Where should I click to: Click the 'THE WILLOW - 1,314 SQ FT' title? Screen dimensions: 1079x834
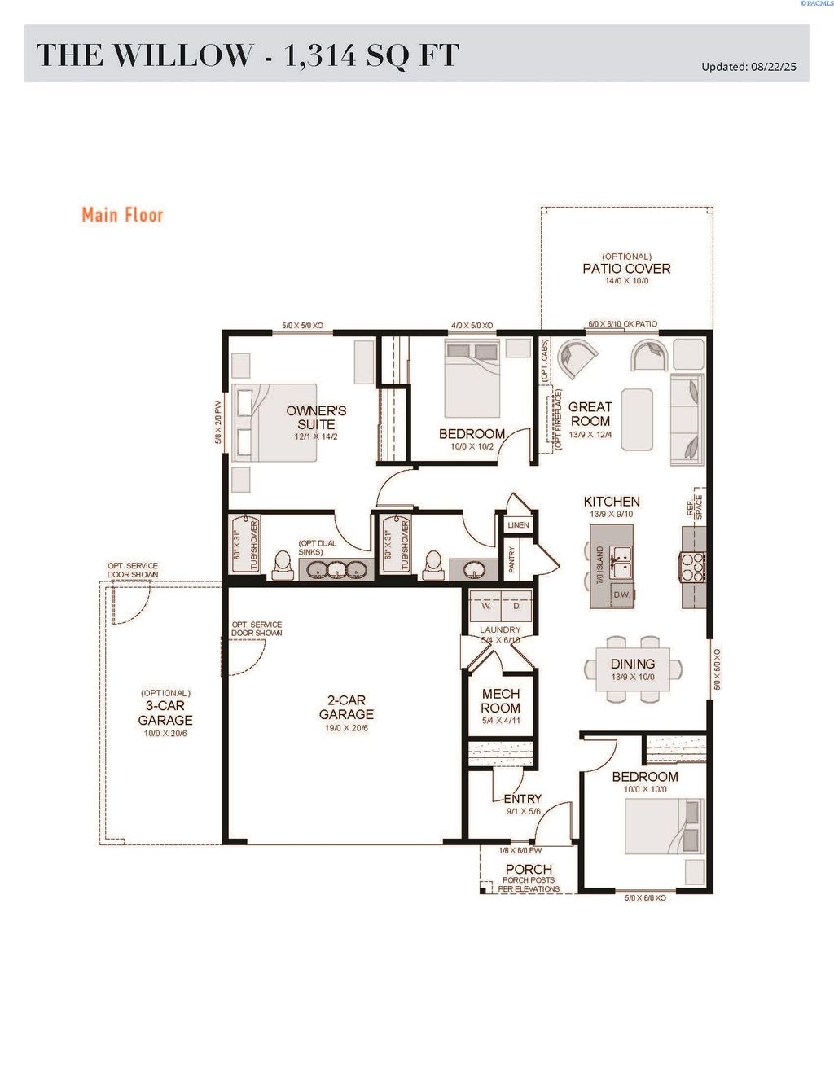248,55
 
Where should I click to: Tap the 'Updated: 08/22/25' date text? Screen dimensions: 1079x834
748,67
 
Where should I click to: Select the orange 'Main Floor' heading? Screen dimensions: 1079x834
122,215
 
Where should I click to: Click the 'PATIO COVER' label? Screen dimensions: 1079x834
626,269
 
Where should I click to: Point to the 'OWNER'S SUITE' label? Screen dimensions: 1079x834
316,418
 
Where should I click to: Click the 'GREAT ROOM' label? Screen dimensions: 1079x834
590,414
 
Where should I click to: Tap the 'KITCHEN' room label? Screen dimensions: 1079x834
612,502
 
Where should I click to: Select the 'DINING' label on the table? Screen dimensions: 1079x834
632,665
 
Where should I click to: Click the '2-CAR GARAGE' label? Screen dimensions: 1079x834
346,707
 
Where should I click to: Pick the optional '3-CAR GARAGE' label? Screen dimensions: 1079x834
165,713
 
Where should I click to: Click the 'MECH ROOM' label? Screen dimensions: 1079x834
500,700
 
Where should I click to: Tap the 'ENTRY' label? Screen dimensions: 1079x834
522,799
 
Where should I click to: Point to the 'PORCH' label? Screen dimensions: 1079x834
529,869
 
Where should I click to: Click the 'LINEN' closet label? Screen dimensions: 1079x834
518,525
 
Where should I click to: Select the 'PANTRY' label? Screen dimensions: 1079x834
511,560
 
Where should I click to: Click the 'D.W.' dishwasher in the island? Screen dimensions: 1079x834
622,594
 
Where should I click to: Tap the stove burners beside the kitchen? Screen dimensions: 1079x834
693,567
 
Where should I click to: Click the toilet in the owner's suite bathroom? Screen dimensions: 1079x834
283,564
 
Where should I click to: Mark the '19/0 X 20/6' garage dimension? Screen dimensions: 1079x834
346,728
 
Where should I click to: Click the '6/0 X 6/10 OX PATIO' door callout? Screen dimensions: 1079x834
622,324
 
